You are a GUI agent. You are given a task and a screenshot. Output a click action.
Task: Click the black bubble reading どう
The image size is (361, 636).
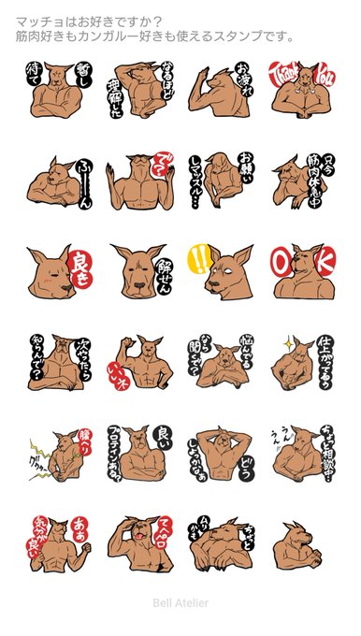tap(245, 465)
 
